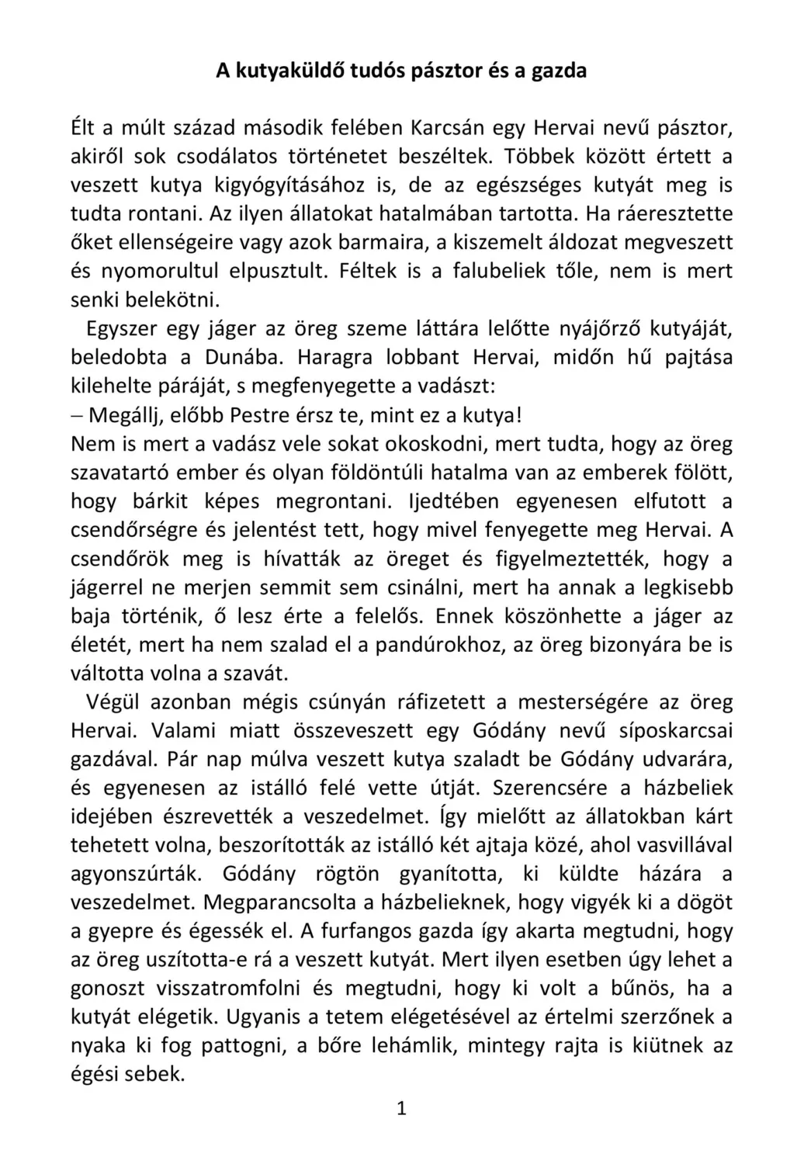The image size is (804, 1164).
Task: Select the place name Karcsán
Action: coord(451,128)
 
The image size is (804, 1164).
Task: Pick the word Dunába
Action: coord(240,359)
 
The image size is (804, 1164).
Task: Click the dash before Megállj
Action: coord(77,416)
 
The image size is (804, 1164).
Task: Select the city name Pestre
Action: coord(262,416)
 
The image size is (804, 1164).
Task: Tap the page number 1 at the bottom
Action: coord(402,1109)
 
